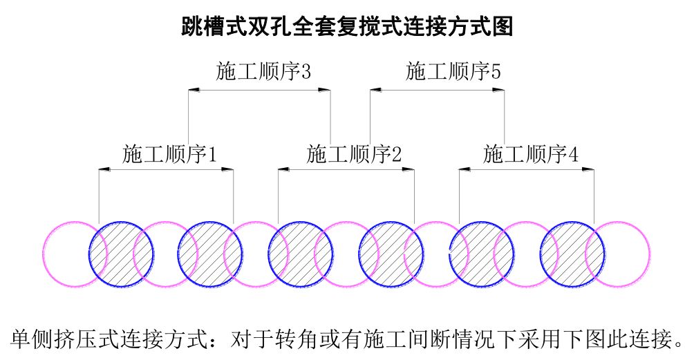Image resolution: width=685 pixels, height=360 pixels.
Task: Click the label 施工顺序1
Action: (x=170, y=154)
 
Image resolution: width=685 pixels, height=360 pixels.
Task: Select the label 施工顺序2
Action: (x=354, y=154)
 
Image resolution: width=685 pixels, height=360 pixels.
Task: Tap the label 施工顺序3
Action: (x=263, y=72)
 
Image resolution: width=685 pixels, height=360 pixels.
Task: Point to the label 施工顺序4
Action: (x=531, y=154)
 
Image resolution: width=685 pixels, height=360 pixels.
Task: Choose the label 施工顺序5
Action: (x=453, y=72)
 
